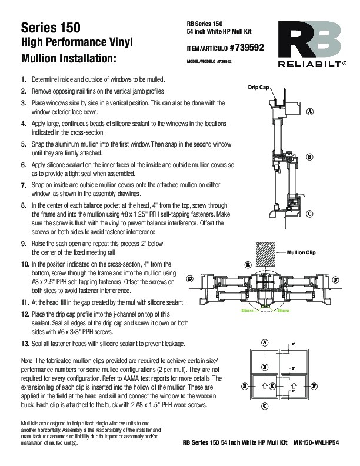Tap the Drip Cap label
coord(258,86)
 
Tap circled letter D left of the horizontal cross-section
coord(189,277)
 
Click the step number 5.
coord(23,144)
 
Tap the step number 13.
coord(24,344)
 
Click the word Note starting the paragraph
coord(27,360)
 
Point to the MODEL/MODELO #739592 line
coord(209,61)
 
